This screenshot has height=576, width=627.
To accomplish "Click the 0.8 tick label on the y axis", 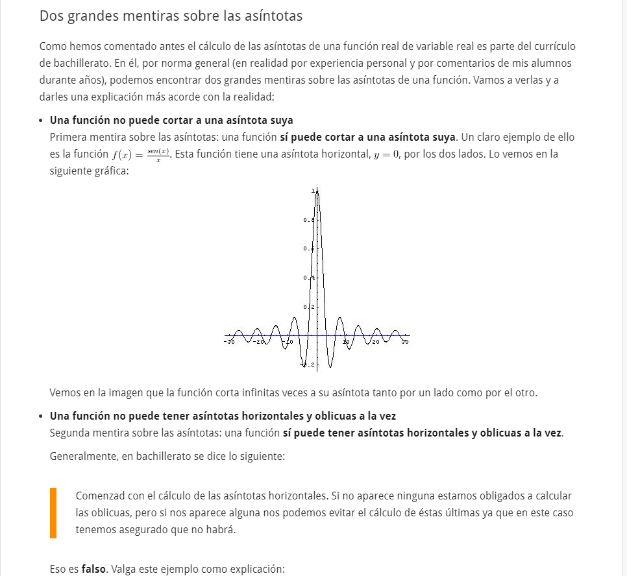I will tap(308, 221).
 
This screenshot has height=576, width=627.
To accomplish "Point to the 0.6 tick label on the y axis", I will tap(308, 249).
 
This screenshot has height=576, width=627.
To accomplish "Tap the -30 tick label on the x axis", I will tap(229, 341).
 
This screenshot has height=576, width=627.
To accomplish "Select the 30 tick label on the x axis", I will tap(405, 341).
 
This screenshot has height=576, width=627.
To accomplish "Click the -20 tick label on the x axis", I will tap(259, 341).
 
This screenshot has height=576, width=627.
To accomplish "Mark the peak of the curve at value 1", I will tap(317, 192).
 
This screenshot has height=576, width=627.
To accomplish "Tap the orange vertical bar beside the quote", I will tap(53, 512).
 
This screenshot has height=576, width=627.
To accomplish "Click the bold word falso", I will tap(94, 570).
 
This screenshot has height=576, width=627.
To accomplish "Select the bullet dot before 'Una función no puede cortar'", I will tap(41, 121).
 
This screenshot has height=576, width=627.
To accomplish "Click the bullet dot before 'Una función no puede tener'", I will tap(41, 416).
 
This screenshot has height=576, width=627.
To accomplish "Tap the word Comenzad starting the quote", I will tap(100, 496).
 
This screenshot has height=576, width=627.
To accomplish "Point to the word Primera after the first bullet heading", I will tap(69, 137).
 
